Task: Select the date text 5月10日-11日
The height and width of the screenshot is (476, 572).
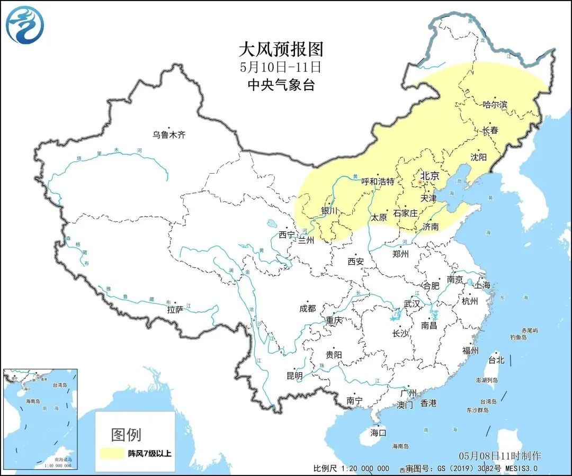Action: [280, 67]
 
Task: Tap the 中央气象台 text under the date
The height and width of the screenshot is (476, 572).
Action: [280, 85]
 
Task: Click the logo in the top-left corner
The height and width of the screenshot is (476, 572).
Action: [25, 25]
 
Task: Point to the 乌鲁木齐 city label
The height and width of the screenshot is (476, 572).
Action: [169, 135]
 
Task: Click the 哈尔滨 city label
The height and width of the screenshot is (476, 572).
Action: [495, 104]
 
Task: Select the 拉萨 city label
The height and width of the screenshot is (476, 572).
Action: [175, 309]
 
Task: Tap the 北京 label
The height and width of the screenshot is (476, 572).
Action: [429, 176]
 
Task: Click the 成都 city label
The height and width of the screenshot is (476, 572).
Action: [307, 308]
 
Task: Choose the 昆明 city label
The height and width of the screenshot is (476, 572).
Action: [294, 375]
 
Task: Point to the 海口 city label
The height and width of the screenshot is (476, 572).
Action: [379, 433]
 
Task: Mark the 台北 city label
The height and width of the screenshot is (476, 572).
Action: [496, 360]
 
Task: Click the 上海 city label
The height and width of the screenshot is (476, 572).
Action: [482, 285]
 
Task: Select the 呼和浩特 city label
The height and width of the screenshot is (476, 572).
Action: [378, 181]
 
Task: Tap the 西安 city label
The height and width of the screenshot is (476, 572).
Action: [355, 261]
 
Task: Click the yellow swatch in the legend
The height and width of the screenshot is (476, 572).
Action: [110, 453]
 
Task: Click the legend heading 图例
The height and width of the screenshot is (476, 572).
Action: [126, 435]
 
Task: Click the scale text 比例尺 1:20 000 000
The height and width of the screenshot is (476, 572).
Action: [351, 469]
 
